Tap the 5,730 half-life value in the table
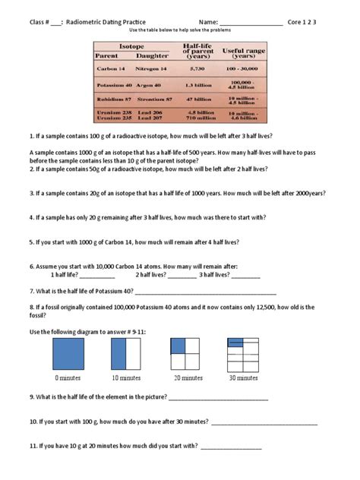click(197, 69)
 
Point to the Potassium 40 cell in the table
click(115, 85)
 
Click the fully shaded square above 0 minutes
click(68, 353)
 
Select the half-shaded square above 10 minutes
click(127, 353)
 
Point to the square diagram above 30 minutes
click(244, 353)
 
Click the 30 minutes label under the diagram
click(244, 377)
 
